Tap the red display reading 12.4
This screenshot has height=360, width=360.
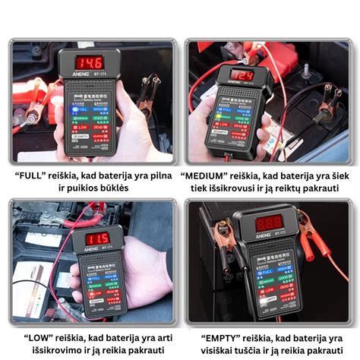coord(242,76)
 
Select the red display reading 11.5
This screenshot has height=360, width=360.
coord(97,238)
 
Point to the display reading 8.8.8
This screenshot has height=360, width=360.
coord(269,223)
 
